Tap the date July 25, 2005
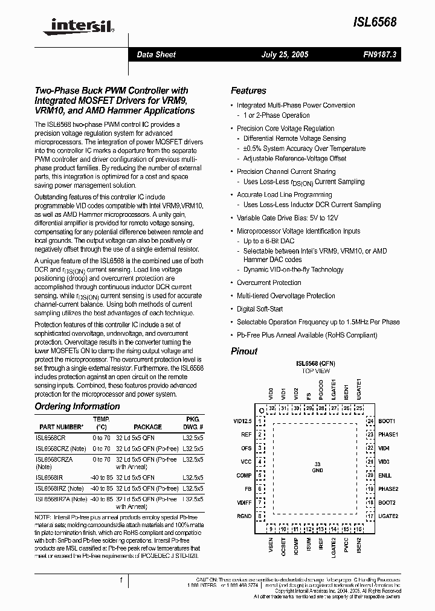[285, 54]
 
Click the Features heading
[248, 91]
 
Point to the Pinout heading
[244, 351]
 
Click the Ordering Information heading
[77, 406]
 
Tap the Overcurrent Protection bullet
[269, 283]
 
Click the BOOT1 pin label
[387, 421]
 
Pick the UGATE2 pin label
[388, 516]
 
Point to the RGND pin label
[245, 516]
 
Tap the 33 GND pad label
[317, 466]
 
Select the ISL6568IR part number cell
[49, 476]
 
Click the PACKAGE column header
[147, 426]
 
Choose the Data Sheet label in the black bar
[156, 54]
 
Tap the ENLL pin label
[385, 475]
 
